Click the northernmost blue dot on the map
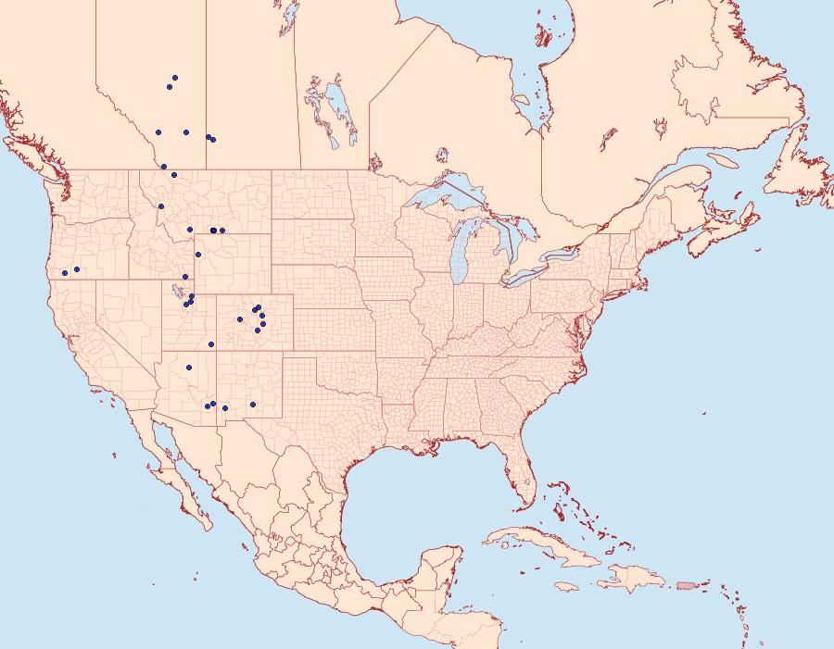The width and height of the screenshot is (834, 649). [x=175, y=78]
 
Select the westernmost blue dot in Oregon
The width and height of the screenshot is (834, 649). [x=65, y=272]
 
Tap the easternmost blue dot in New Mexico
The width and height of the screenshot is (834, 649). [x=252, y=405]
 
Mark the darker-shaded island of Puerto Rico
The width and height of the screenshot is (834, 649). [x=687, y=584]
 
